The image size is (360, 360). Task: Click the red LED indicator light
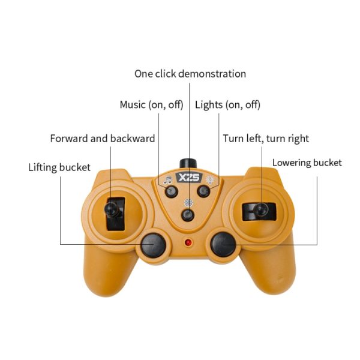(x=188, y=242)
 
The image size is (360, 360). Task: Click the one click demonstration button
(x=188, y=215)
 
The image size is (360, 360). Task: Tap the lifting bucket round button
(x=154, y=245)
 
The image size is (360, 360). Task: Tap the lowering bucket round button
(x=223, y=244)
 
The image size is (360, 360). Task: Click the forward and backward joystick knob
(x=112, y=209)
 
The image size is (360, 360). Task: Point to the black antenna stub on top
(x=188, y=163)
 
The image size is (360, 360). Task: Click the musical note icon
(x=167, y=180)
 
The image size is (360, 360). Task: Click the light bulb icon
(x=210, y=180)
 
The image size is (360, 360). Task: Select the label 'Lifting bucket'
(x=59, y=167)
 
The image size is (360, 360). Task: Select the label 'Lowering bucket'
(x=307, y=163)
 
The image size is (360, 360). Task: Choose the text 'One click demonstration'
(x=190, y=74)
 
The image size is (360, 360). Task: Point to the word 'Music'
(x=133, y=104)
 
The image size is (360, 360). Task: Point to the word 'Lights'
(x=209, y=105)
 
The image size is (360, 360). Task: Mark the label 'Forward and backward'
(x=103, y=139)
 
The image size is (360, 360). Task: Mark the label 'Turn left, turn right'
(x=266, y=139)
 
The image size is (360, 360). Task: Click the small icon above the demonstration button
(x=188, y=203)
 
